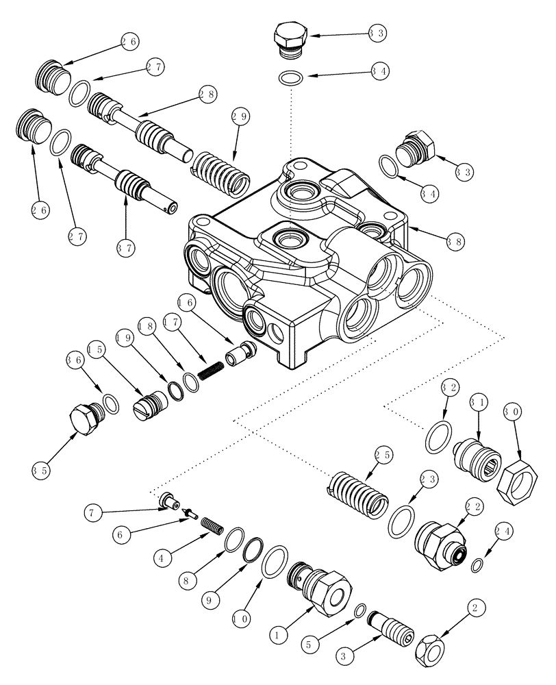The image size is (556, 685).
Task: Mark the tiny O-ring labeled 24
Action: (x=477, y=564)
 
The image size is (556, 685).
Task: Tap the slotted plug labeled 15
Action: (x=151, y=408)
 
